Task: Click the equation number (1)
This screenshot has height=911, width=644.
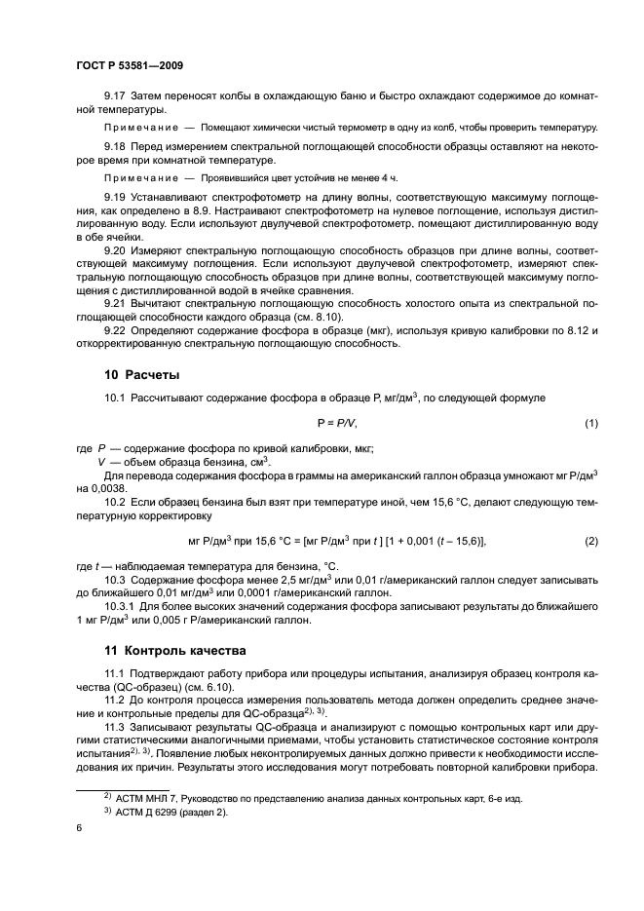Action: (x=590, y=423)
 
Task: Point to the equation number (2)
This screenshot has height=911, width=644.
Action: (x=590, y=540)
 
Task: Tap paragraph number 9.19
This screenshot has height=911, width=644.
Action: (x=117, y=197)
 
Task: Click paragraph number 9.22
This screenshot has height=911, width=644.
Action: (x=117, y=329)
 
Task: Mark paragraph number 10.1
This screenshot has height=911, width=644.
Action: (x=117, y=399)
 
